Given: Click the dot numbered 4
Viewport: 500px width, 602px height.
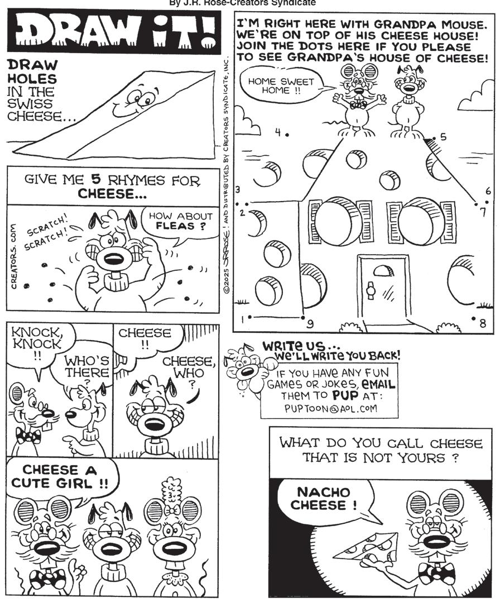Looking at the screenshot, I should pos(287,135).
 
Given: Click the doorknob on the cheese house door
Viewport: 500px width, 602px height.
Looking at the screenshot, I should pos(370,290).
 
